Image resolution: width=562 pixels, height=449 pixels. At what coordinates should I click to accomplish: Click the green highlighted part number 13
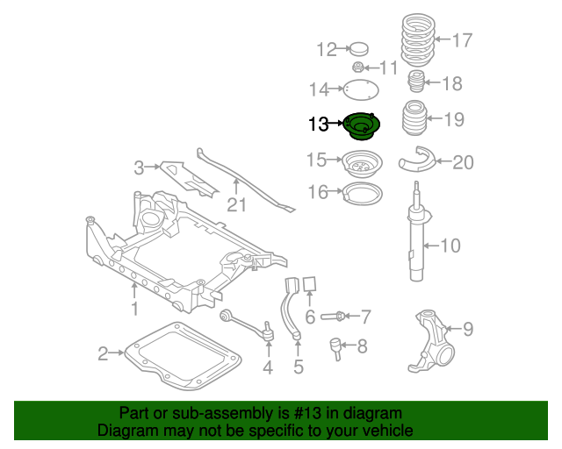(361, 127)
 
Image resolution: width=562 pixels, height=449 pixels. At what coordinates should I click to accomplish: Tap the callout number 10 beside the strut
(449, 246)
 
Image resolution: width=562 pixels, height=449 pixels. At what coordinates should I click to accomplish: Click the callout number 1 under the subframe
(135, 309)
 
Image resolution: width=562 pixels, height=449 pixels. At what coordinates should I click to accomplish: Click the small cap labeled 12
(357, 49)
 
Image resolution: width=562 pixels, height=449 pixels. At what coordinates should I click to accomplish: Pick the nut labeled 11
(358, 68)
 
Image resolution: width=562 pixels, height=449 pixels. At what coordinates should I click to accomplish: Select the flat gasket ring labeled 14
(360, 89)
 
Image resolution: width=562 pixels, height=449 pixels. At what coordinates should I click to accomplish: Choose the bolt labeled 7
(334, 316)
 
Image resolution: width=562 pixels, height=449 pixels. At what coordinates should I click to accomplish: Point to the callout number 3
(139, 167)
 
